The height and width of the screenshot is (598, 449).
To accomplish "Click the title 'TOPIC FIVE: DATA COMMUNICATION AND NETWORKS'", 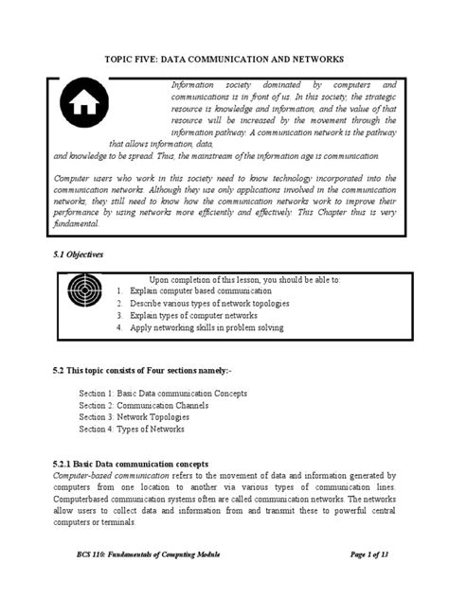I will [x=224, y=58].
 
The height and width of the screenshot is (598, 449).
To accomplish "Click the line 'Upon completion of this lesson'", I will [x=244, y=279].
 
